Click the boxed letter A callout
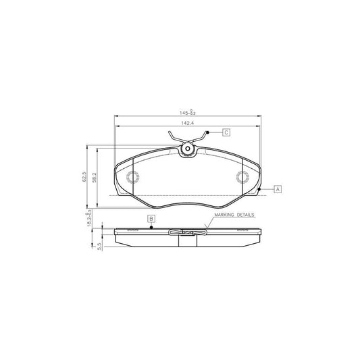(277, 189)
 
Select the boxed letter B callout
(152, 218)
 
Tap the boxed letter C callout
(226, 133)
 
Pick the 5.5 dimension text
(98, 247)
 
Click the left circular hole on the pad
(133, 178)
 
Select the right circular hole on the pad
(241, 178)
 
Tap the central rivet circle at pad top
(188, 150)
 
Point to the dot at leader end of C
(209, 133)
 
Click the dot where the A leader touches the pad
(259, 190)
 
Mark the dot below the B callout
(152, 228)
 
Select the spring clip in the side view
(188, 234)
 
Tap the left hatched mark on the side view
(132, 230)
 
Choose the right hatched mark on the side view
(242, 230)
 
